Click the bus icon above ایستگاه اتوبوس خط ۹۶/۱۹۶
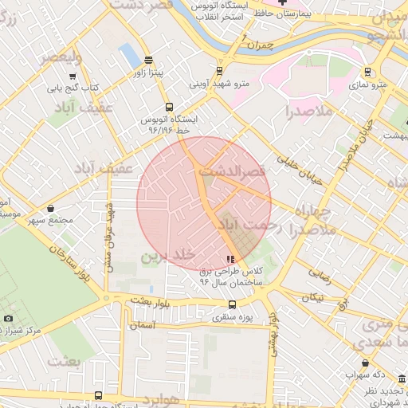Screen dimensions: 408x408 pyautogui.click(x=168, y=107)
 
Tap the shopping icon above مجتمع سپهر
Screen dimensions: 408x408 pyautogui.click(x=51, y=208)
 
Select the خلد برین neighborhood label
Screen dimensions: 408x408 pyautogui.click(x=168, y=256)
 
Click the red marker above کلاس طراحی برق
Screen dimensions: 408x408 pyautogui.click(x=231, y=259)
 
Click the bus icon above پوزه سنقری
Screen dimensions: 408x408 pyautogui.click(x=232, y=304)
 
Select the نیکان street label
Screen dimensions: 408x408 pyautogui.click(x=312, y=297)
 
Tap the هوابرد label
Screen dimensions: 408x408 pyautogui.click(x=159, y=398)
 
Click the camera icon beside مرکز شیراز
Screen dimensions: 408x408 pyautogui.click(x=8, y=319)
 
